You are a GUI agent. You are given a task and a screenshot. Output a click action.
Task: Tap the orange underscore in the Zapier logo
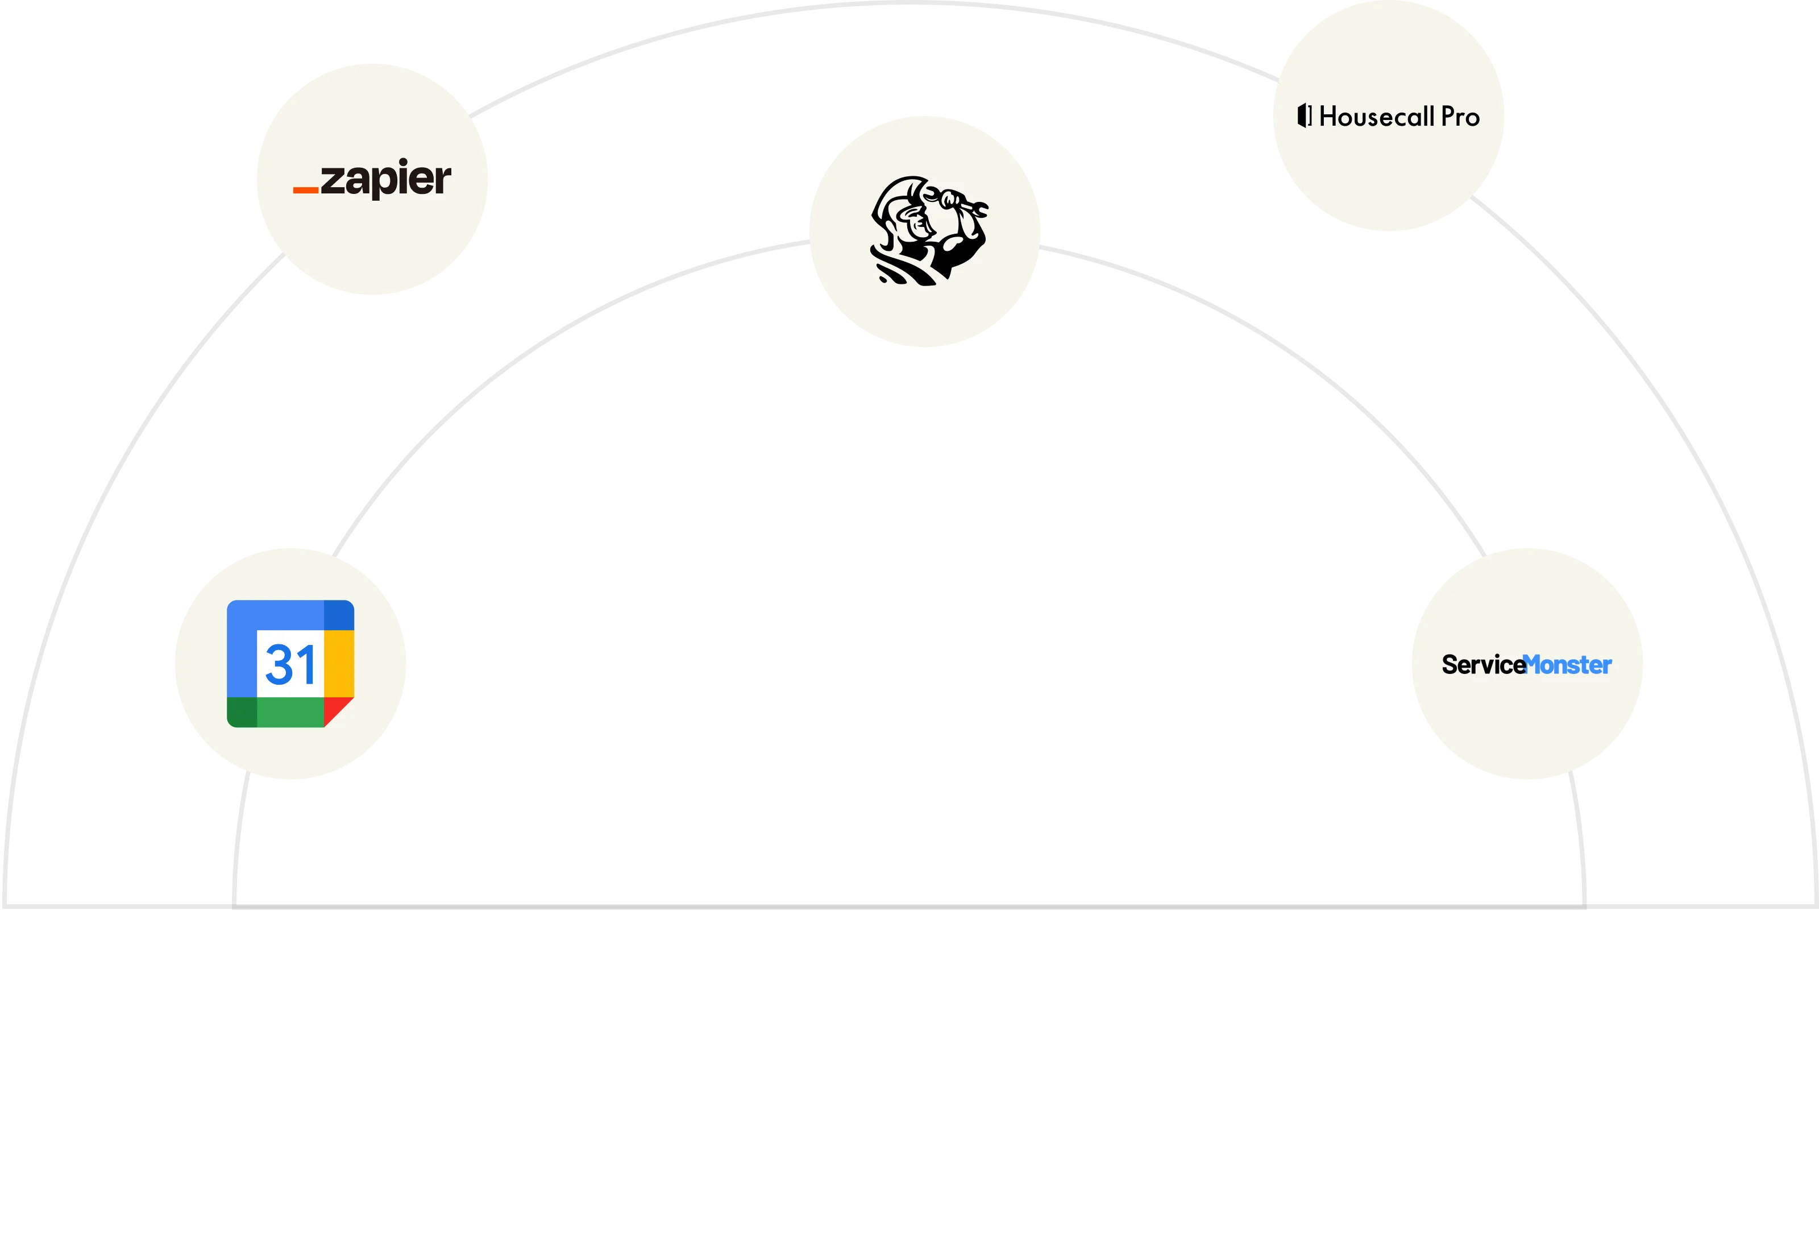pos(305,189)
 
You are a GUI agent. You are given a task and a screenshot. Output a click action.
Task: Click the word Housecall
pos(1376,117)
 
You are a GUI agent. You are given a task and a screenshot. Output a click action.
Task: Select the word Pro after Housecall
pos(1460,117)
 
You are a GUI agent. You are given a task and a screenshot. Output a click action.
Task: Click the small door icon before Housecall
pos(1304,116)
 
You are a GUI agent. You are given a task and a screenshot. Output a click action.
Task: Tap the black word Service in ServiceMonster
pos(1483,665)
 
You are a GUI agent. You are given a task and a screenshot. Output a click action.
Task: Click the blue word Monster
pos(1568,665)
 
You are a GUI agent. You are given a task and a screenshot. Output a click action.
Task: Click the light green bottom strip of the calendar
pos(289,713)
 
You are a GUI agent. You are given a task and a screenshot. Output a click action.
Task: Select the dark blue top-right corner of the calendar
pos(339,615)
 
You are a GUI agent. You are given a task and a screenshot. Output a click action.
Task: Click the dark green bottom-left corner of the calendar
pos(242,713)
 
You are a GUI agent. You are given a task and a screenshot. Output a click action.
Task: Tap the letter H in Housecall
pos(1329,117)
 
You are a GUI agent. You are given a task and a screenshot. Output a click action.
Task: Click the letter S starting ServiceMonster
pos(1450,665)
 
